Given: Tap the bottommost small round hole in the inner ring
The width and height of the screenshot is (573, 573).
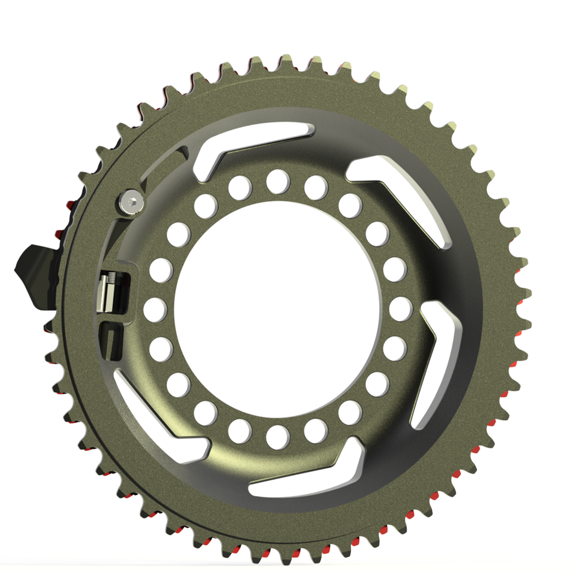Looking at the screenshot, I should (x=278, y=437).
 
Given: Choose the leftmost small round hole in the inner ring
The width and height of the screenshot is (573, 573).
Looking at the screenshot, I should (x=155, y=308).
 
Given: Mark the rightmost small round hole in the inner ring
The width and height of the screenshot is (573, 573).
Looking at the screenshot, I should (x=401, y=308).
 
